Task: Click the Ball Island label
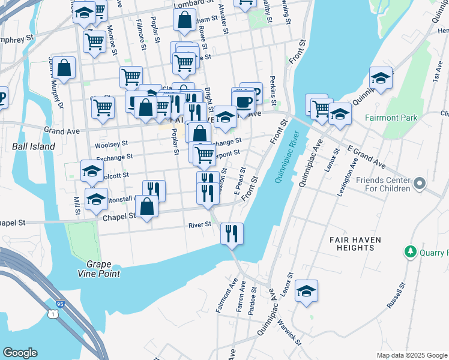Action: (34, 146)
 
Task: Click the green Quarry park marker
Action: (411, 251)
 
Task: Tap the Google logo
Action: (20, 353)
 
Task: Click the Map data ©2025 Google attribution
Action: (411, 355)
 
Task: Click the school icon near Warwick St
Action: (306, 291)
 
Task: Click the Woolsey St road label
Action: (112, 144)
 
